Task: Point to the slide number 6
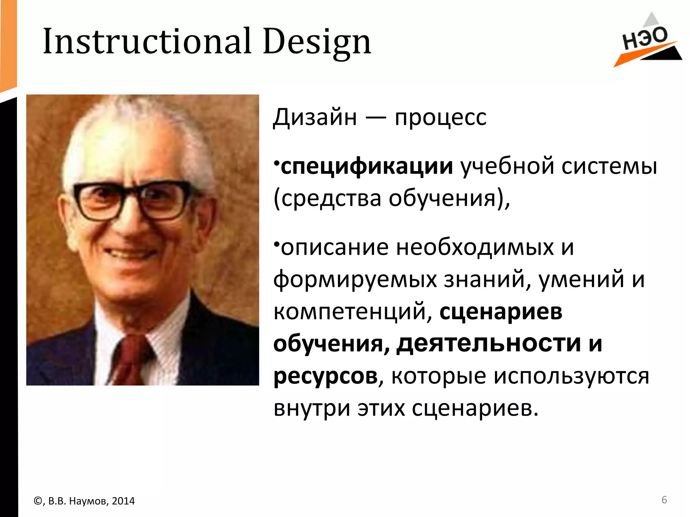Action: coord(664,500)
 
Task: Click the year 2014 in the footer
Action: coord(123,501)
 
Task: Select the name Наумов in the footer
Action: coord(89,501)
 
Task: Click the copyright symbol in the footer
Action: coord(38,501)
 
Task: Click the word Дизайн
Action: coord(315,118)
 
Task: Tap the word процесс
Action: coord(440,118)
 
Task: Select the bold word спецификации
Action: coord(367,166)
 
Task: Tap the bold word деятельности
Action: coord(489,344)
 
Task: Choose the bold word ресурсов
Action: coord(325,376)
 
